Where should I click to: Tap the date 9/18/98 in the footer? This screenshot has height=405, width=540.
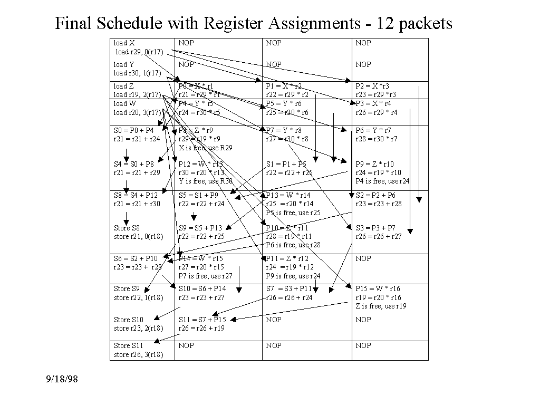[x=62, y=379]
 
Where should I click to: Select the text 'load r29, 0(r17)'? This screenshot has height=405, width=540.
[x=139, y=52]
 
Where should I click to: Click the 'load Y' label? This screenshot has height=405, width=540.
[x=124, y=64]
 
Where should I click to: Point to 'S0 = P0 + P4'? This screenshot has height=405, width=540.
[x=134, y=130]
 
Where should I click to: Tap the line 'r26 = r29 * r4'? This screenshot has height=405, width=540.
[x=377, y=112]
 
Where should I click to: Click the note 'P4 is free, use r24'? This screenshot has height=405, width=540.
[x=382, y=181]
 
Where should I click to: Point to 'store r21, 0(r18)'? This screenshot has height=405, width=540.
[x=139, y=237]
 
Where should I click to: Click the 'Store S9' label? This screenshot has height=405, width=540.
[x=127, y=288]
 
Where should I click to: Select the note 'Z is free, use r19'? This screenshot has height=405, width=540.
[x=381, y=306]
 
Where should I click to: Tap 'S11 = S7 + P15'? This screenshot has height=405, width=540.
[x=202, y=320]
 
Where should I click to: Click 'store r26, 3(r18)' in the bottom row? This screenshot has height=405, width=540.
[x=139, y=354]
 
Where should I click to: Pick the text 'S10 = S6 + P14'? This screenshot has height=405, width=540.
[x=201, y=288]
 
